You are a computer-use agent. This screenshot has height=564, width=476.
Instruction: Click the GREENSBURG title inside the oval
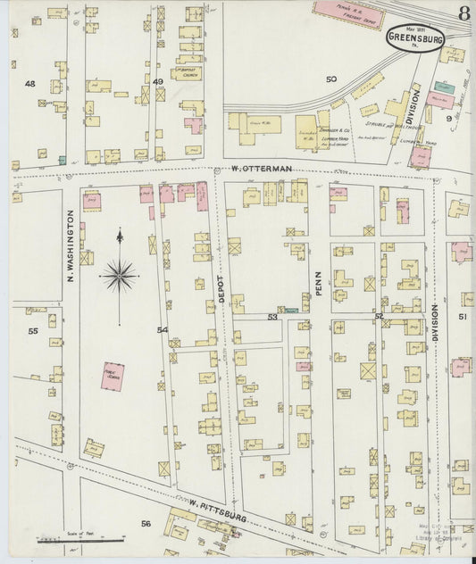tap(413, 38)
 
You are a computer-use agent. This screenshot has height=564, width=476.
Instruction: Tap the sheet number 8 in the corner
tap(464, 13)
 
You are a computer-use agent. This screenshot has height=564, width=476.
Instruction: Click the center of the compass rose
tap(119, 275)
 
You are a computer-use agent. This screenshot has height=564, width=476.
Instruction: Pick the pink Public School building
tap(113, 375)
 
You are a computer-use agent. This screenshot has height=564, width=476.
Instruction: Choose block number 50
tap(330, 79)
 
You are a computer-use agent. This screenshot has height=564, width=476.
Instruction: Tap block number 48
tap(30, 83)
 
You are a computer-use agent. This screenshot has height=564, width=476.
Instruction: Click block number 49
tap(158, 82)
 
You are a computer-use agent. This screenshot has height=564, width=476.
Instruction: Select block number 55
tap(33, 331)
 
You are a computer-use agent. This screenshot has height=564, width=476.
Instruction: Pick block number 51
tap(463, 316)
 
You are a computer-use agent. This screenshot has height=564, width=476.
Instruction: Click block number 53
tap(272, 316)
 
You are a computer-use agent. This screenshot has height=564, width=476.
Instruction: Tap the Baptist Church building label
tap(186, 73)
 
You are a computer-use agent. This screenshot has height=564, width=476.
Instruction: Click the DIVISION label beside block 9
tap(413, 105)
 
